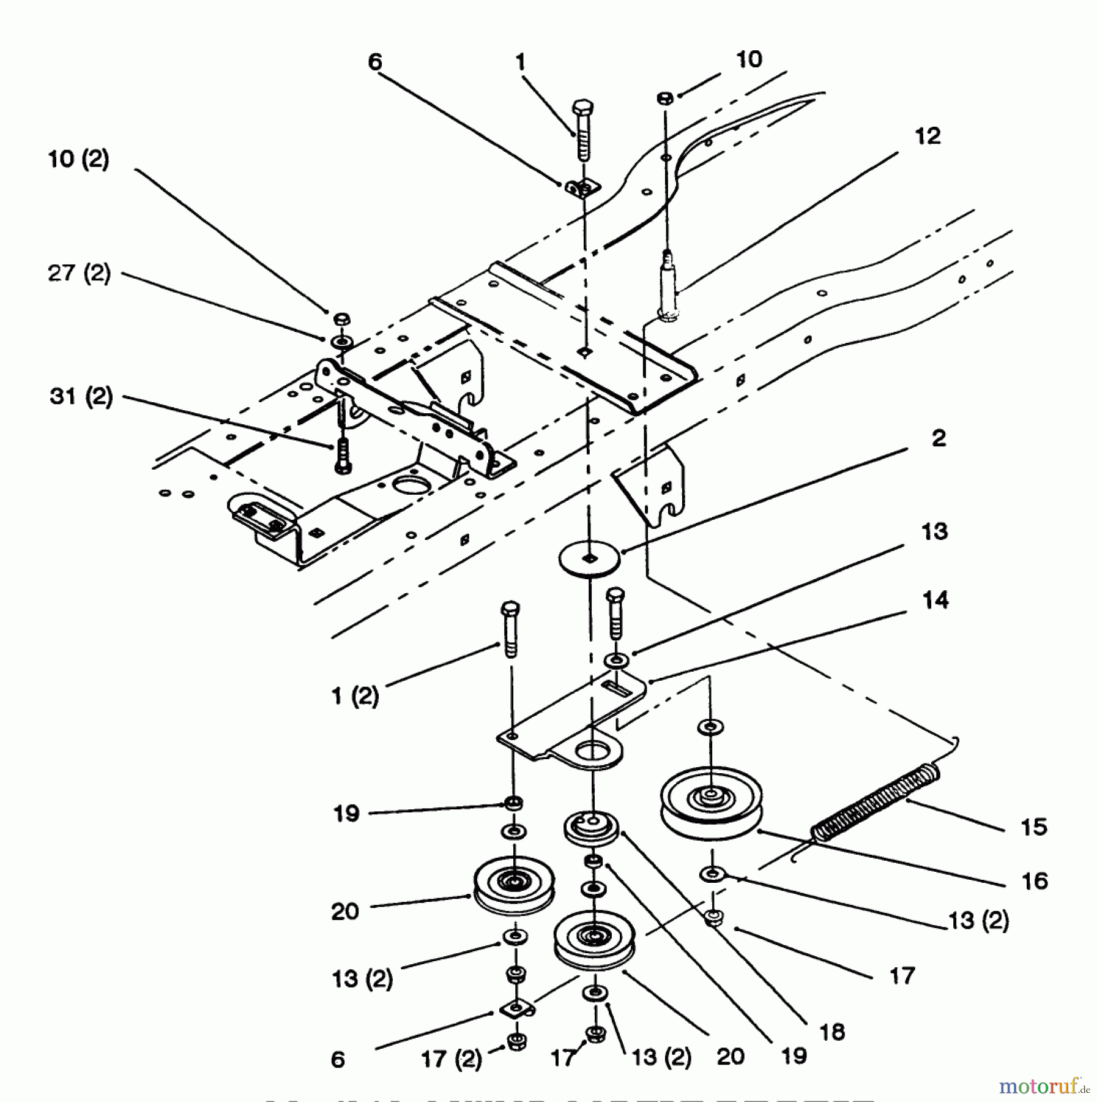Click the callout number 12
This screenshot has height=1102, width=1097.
(x=928, y=136)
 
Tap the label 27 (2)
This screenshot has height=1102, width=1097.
(x=79, y=273)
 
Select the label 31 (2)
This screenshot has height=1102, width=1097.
(x=81, y=396)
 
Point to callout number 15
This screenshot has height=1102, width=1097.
(x=1034, y=827)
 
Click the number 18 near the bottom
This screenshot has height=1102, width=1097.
(x=833, y=1032)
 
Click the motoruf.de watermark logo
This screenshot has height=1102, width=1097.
(x=1044, y=1086)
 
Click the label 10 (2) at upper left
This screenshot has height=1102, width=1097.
(x=78, y=159)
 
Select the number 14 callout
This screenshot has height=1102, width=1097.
(x=935, y=600)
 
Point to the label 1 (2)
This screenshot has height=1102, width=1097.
(x=355, y=696)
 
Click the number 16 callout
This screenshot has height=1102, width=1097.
(x=1035, y=881)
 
